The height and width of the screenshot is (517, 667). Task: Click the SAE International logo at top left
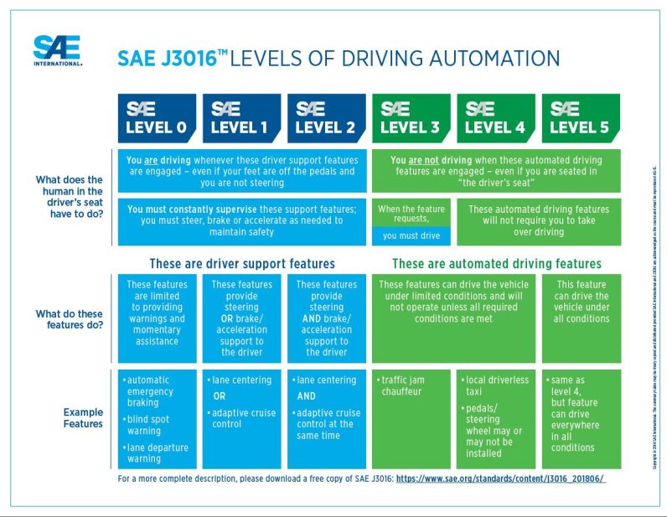pos(58,50)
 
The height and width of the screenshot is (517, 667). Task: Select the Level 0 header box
pos(157,118)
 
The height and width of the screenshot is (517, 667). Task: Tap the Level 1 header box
pos(241,118)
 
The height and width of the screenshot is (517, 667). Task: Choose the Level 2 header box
pos(326,118)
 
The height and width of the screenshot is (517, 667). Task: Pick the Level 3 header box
pos(411,118)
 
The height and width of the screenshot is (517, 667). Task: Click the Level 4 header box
pos(495,118)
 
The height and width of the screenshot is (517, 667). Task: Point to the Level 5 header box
pos(580,118)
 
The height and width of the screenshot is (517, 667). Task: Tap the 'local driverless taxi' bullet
pos(498,385)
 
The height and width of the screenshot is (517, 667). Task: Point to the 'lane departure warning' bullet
pos(158,452)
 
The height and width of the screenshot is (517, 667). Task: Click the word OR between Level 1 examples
pos(220,396)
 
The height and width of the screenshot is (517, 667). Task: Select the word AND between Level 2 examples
pos(307,396)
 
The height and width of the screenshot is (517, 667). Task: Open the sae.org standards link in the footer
pos(500,478)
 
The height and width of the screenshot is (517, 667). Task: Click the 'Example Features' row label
pos(83,417)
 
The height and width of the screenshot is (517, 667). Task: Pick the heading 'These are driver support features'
pos(242,263)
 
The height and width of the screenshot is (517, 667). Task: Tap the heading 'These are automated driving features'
pos(496,263)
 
